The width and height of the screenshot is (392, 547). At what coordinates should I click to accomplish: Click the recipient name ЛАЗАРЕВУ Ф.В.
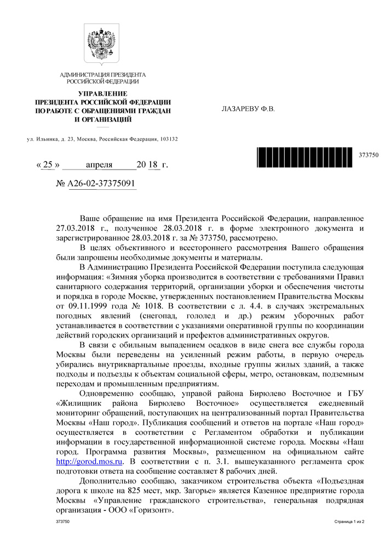pos(247,108)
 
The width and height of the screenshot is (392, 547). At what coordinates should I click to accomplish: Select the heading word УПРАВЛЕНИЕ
pos(102,94)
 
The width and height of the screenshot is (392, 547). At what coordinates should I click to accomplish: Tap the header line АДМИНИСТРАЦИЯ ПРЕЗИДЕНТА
pos(102,74)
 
